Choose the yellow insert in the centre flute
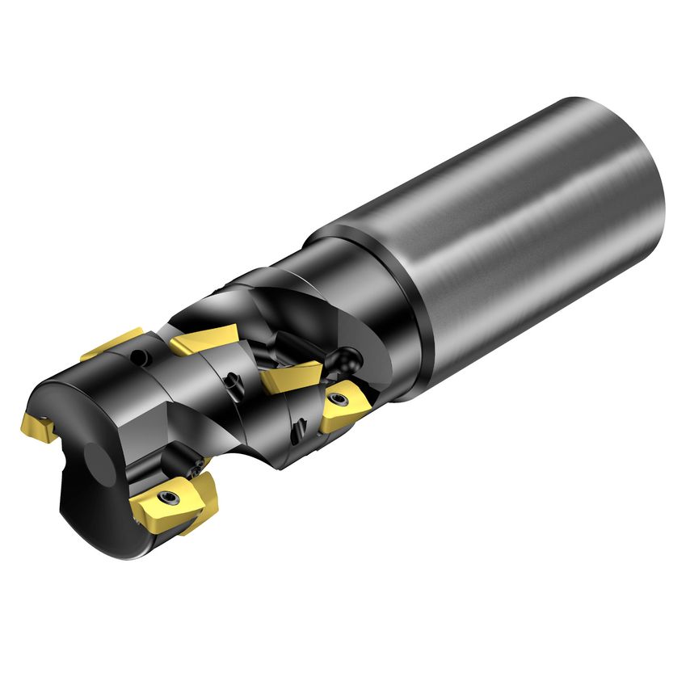pos(290,374)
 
